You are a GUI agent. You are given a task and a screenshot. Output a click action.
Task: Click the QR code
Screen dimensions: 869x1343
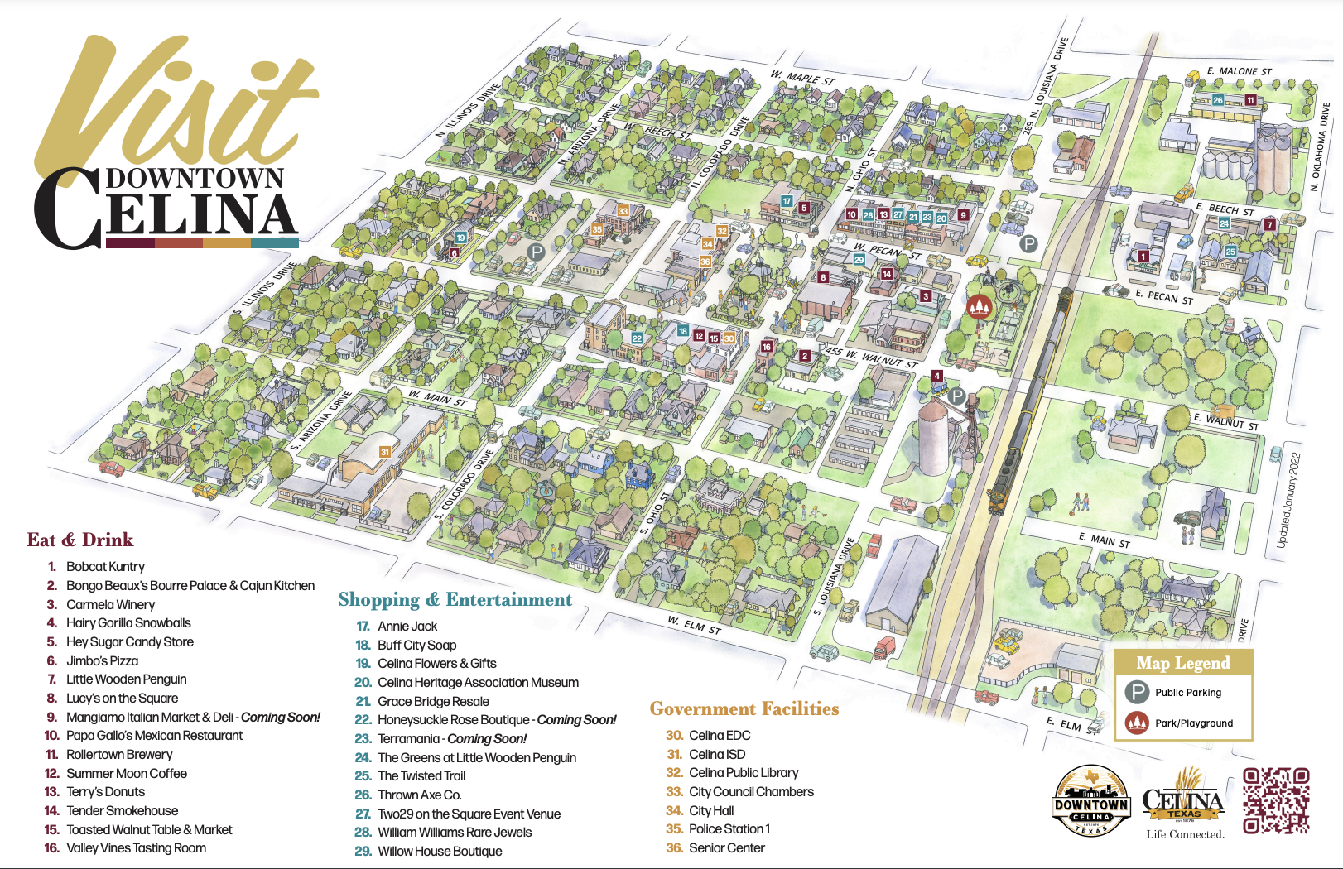[1276, 800]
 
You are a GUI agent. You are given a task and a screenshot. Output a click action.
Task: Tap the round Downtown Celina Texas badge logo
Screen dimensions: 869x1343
[1091, 801]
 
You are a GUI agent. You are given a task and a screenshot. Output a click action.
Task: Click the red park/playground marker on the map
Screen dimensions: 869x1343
[980, 307]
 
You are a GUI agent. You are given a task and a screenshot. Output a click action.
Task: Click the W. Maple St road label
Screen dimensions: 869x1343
[802, 79]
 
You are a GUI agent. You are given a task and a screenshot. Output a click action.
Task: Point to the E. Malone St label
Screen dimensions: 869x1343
[1239, 72]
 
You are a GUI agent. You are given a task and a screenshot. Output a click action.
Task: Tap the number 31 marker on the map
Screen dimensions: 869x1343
[384, 452]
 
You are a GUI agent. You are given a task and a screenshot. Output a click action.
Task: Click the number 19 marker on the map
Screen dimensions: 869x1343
[460, 238]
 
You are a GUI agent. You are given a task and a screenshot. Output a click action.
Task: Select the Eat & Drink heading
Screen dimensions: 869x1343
[79, 540]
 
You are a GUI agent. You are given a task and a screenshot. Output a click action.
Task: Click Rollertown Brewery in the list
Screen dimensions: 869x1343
[119, 754]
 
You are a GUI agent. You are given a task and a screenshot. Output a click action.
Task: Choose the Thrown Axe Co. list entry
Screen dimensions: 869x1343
[419, 795]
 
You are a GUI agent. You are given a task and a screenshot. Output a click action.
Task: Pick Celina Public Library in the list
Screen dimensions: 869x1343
[743, 772]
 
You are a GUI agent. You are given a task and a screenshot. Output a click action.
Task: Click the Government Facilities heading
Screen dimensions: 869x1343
[744, 708]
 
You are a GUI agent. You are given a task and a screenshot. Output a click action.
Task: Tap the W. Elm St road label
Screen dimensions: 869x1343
[695, 625]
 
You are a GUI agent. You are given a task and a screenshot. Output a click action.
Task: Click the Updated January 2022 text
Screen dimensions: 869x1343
[1288, 500]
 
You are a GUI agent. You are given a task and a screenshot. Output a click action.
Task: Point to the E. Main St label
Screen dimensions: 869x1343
[1104, 540]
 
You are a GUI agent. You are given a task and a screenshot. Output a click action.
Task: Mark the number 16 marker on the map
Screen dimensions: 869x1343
[767, 347]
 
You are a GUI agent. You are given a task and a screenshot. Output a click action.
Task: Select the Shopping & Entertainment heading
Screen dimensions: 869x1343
[455, 599]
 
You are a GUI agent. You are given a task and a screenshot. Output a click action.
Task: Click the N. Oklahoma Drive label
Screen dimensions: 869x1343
[1319, 147]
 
